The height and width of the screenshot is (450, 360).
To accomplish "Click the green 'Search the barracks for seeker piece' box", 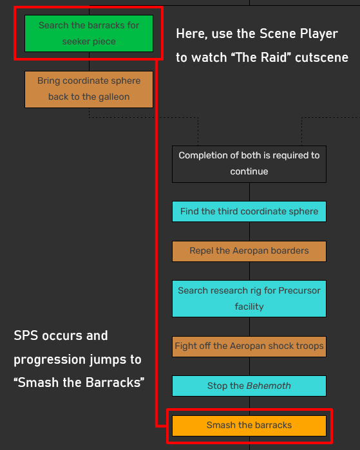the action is click(x=89, y=33).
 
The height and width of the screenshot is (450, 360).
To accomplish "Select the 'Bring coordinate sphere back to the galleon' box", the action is click(x=89, y=89).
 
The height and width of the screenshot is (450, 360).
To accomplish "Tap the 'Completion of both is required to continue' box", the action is click(x=249, y=164).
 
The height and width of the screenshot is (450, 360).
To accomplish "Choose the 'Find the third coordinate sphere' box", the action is click(x=249, y=212).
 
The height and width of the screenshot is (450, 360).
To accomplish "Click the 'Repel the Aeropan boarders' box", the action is click(x=249, y=251).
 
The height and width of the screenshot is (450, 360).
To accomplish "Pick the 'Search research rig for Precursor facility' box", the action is click(x=249, y=299).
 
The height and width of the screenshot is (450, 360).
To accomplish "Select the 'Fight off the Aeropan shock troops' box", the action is click(x=249, y=346).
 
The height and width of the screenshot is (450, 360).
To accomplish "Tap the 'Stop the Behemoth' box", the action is click(x=249, y=386).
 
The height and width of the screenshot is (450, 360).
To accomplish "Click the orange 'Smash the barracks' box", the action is click(x=249, y=426).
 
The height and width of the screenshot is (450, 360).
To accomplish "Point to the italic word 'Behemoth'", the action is click(x=269, y=386).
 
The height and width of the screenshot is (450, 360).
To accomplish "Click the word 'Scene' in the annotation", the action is click(x=278, y=34).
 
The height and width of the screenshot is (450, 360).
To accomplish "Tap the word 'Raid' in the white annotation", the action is click(x=273, y=58).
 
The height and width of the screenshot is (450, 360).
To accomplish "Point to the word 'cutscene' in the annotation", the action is click(x=321, y=58).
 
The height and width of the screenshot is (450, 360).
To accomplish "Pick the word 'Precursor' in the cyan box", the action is click(x=299, y=291).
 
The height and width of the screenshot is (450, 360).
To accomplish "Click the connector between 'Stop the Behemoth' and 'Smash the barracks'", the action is click(x=249, y=406).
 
